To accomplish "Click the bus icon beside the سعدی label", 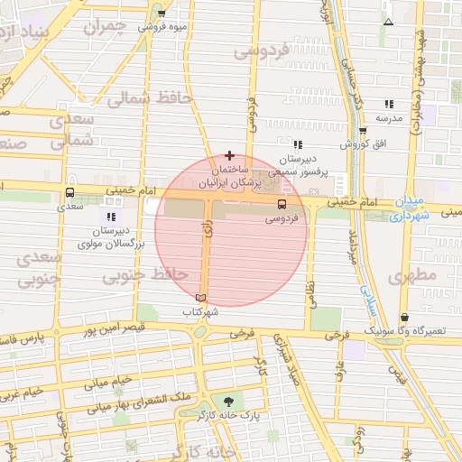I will pyautogui.click(x=70, y=192).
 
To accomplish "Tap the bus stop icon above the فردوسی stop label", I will pyautogui.click(x=282, y=204).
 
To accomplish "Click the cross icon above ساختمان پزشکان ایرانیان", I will pyautogui.click(x=229, y=155).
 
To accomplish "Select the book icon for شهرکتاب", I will pyautogui.click(x=200, y=298).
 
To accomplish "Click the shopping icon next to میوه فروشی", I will pyautogui.click(x=162, y=14).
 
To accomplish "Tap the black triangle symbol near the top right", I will pyautogui.click(x=388, y=22).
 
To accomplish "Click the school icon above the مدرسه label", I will pyautogui.click(x=389, y=104).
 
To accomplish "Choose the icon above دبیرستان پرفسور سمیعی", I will pyautogui.click(x=298, y=143).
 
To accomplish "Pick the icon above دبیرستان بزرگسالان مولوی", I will pyautogui.click(x=111, y=217).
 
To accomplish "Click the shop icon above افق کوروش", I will pyautogui.click(x=363, y=131).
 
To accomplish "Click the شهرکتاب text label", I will pyautogui.click(x=201, y=311).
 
